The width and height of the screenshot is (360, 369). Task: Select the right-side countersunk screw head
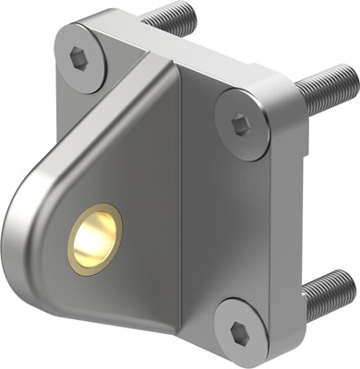pyautogui.click(x=243, y=119)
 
